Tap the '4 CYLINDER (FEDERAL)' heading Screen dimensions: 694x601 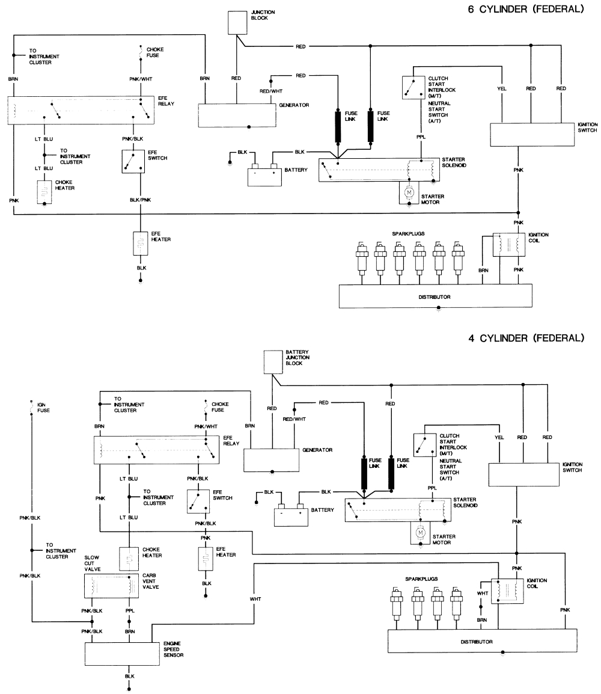[x=526, y=338]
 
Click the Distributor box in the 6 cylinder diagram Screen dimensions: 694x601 [x=435, y=296]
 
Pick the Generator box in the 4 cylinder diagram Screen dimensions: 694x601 [x=271, y=460]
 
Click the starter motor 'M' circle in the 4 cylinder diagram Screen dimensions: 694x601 [x=421, y=532]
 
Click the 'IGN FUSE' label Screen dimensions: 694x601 [x=43, y=408]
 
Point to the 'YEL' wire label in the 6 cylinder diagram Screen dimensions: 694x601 [x=502, y=89]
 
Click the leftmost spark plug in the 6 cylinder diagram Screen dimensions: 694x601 [x=361, y=257]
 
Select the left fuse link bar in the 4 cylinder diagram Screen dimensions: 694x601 [x=365, y=474]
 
